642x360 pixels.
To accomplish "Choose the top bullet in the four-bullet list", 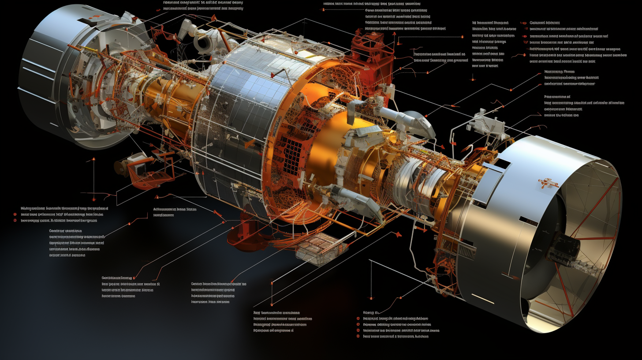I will tap(358, 318).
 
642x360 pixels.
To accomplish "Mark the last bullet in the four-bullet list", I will tap(358, 336).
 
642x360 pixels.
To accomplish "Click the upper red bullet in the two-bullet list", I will tap(15, 214).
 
